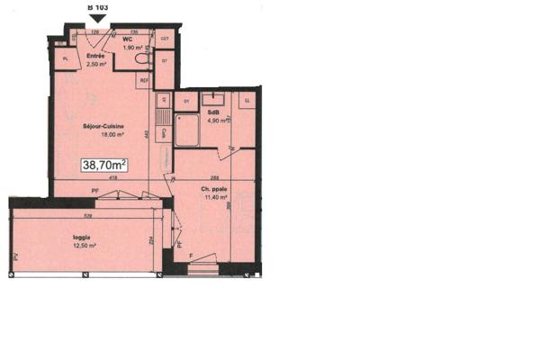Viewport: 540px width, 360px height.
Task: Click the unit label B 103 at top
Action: pos(97,5)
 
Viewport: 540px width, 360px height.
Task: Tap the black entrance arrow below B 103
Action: pos(97,17)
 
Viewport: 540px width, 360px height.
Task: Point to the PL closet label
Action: pos(65,59)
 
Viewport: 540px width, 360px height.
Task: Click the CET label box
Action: pos(165,39)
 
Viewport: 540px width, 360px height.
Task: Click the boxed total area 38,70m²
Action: pos(104,165)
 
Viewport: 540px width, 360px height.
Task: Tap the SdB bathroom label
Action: pos(213,112)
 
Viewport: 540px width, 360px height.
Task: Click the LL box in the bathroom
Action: pos(247,100)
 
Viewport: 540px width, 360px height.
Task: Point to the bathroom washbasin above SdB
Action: pos(213,97)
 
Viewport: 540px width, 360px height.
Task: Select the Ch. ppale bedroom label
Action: pos(213,189)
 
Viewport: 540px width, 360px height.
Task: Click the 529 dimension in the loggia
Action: pos(86,216)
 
